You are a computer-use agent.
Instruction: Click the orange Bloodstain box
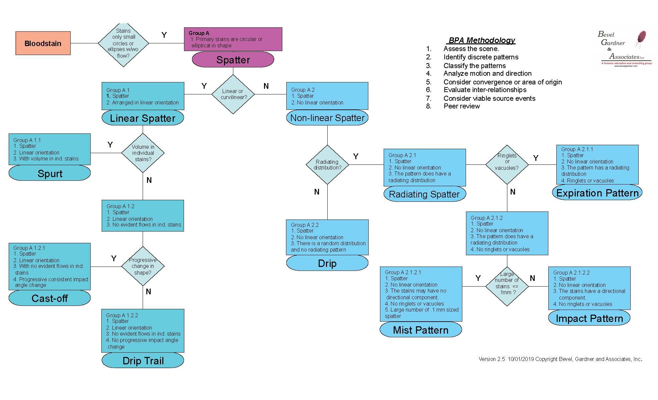pyautogui.click(x=43, y=43)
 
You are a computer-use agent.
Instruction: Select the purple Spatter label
pyautogui.click(x=233, y=60)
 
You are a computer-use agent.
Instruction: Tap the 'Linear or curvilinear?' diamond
pyautogui.click(x=233, y=94)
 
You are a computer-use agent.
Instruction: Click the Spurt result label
pyautogui.click(x=50, y=173)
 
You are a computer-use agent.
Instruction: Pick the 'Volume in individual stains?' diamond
pyautogui.click(x=143, y=153)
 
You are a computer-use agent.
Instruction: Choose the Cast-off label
pyautogui.click(x=50, y=298)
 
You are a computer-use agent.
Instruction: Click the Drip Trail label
pyautogui.click(x=143, y=361)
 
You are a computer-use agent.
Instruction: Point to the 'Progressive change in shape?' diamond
pyautogui.click(x=143, y=266)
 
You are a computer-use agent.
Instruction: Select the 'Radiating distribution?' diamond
pyautogui.click(x=327, y=164)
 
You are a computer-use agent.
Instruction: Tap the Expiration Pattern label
pyautogui.click(x=597, y=193)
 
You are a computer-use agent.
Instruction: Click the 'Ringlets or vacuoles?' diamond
pyautogui.click(x=507, y=164)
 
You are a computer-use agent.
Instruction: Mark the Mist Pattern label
pyautogui.click(x=421, y=330)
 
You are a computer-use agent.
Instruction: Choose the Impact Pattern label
pyautogui.click(x=589, y=318)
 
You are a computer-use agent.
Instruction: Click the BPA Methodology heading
pyautogui.click(x=481, y=40)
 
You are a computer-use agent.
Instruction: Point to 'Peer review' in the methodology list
pyautogui.click(x=462, y=106)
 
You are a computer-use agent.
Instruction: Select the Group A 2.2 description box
pyautogui.click(x=327, y=237)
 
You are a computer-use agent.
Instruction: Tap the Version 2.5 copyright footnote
pyautogui.click(x=560, y=359)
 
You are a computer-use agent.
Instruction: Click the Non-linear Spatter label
pyautogui.click(x=327, y=118)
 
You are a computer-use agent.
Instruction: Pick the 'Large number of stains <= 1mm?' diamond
pyautogui.click(x=507, y=286)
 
